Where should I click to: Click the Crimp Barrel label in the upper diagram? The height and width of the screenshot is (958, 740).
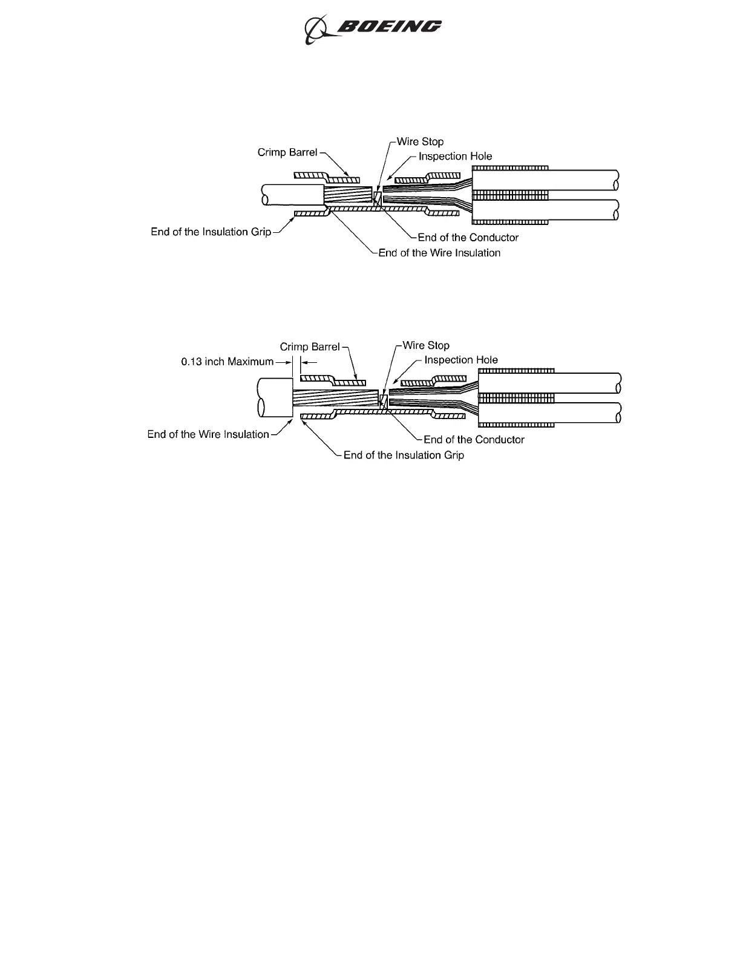click(x=287, y=152)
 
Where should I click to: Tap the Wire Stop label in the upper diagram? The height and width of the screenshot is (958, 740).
click(x=420, y=142)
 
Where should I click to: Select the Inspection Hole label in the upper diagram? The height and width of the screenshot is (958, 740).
click(x=455, y=156)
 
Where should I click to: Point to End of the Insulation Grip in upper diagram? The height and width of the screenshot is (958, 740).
click(x=211, y=232)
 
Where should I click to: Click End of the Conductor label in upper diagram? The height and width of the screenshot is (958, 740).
click(x=468, y=237)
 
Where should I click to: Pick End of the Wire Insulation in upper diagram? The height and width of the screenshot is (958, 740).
click(x=439, y=253)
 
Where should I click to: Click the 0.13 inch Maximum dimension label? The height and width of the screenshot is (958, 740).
click(x=228, y=362)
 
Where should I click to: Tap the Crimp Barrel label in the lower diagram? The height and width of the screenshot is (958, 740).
click(x=310, y=347)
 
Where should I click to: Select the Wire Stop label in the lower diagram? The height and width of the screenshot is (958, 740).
click(x=426, y=345)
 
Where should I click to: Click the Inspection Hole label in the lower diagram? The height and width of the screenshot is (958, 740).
click(x=461, y=360)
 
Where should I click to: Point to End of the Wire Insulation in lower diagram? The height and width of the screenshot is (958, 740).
click(x=208, y=434)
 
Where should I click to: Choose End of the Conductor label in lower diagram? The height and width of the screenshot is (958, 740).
click(x=474, y=440)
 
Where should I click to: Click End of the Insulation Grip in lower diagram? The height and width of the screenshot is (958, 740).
click(x=404, y=455)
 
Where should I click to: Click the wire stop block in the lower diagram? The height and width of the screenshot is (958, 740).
click(x=383, y=400)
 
